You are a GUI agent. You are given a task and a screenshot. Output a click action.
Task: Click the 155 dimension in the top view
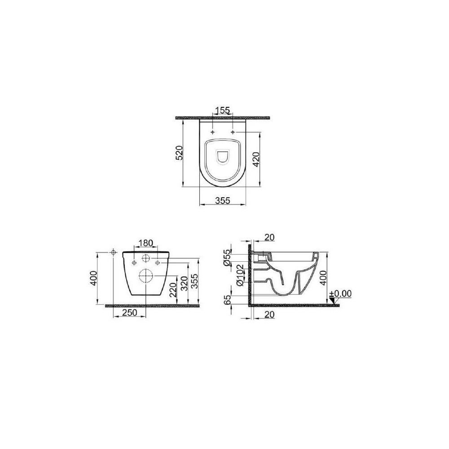[x=223, y=110]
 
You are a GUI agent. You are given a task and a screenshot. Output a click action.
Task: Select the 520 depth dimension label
[x=179, y=153]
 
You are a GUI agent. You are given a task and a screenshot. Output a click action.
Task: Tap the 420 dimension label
[x=256, y=159]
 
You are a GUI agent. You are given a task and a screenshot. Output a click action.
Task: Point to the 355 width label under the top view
[x=223, y=201]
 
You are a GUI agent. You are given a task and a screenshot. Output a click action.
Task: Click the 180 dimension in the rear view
[x=146, y=243]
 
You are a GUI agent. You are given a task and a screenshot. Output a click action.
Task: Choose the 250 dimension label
[x=130, y=313]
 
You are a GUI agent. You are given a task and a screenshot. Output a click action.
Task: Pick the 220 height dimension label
[x=173, y=290]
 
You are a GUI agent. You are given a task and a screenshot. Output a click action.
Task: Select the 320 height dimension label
[x=185, y=283]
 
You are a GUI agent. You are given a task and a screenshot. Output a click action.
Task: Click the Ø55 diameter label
[x=227, y=258]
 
